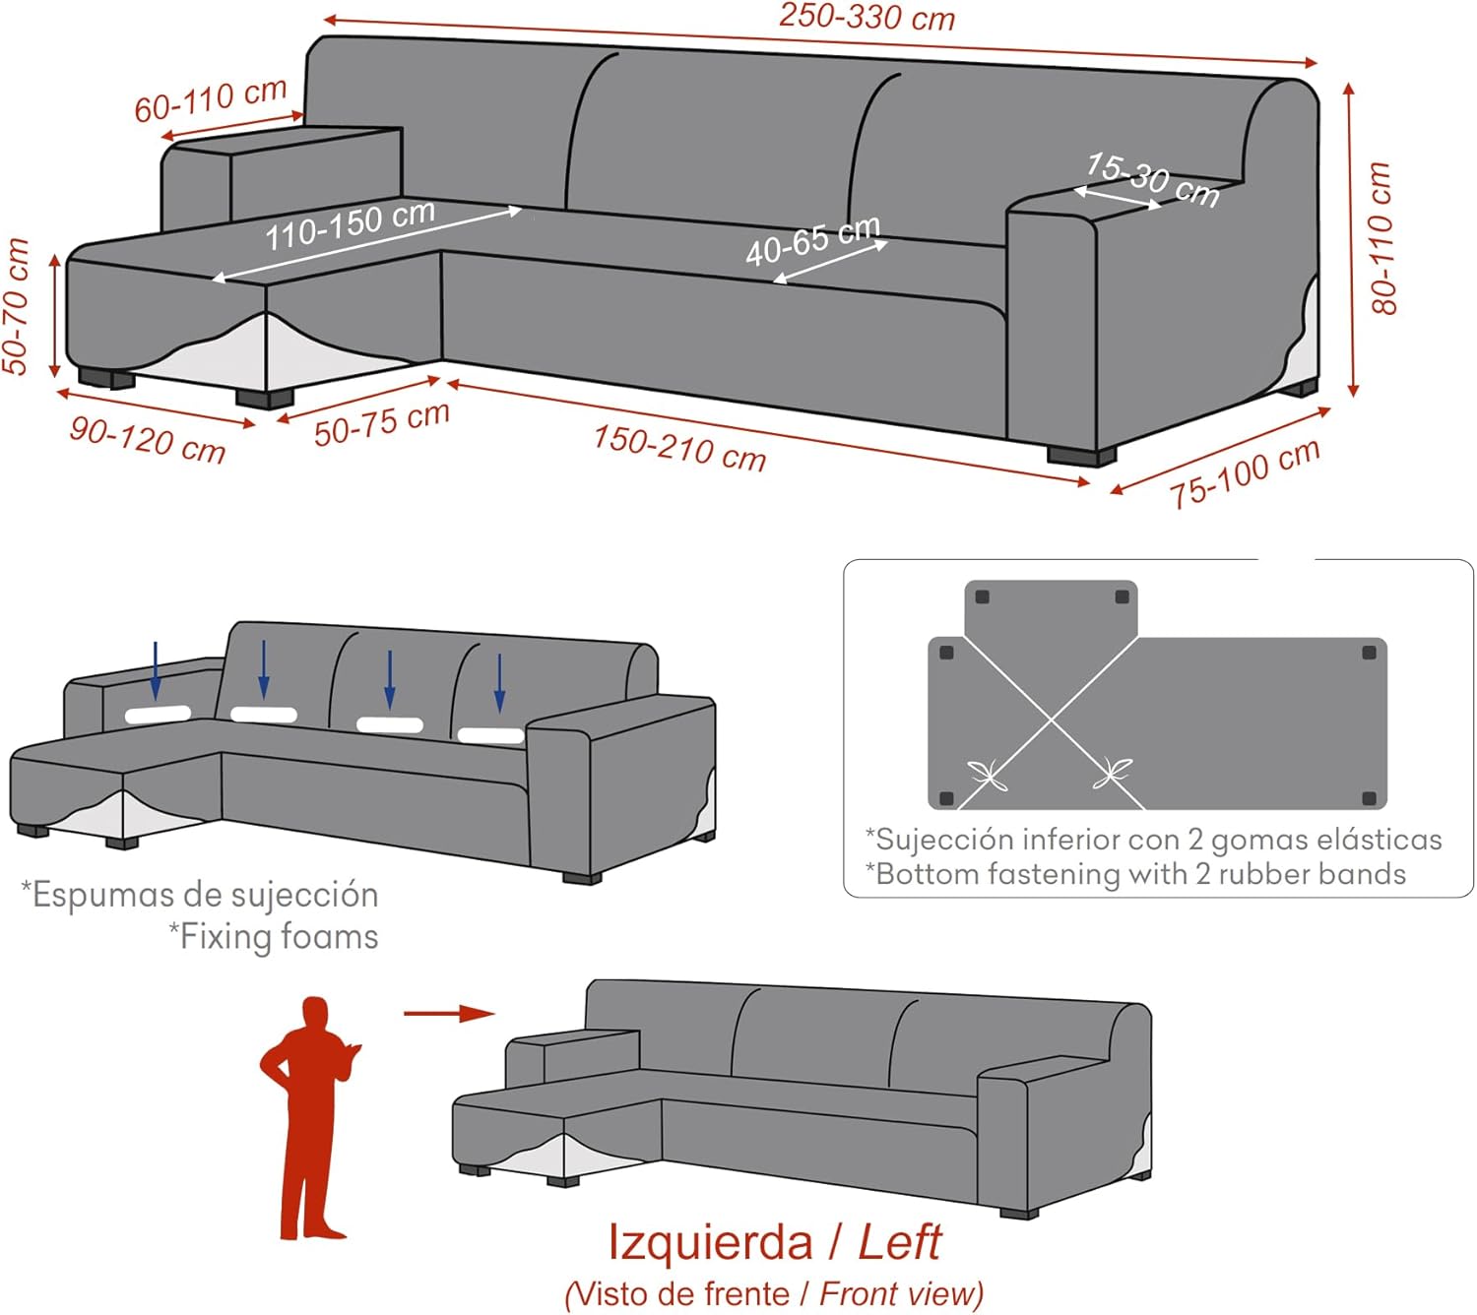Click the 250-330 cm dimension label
tap(867, 17)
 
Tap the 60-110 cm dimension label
tap(211, 99)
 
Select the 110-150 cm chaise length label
tap(350, 224)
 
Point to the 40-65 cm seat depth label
tap(813, 240)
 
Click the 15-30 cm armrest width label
tap(1153, 180)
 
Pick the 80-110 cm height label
tap(1381, 238)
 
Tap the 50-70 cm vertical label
tap(16, 306)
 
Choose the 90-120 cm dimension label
tap(148, 440)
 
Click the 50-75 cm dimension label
tap(381, 423)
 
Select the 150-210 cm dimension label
tap(679, 448)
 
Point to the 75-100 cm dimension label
tap(1245, 473)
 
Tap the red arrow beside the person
tap(449, 1013)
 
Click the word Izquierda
tap(710, 1242)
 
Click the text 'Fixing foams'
tap(274, 937)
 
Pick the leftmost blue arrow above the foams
tap(156, 670)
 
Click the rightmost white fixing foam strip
tap(490, 735)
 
